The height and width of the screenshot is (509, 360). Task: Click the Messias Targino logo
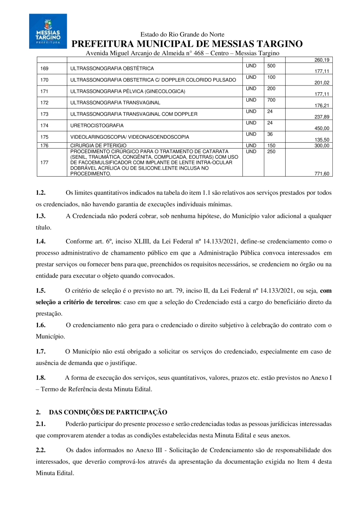click(48, 31)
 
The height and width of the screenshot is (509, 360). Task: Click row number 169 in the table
click(45, 68)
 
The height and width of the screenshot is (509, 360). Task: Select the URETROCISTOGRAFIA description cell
click(97, 126)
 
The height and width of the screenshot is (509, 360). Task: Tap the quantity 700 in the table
click(272, 100)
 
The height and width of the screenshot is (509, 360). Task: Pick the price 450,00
click(322, 128)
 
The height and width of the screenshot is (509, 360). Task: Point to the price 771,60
click(322, 174)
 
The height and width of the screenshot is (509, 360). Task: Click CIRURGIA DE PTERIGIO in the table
click(98, 146)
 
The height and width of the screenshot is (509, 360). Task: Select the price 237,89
click(322, 117)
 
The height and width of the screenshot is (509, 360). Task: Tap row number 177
click(45, 163)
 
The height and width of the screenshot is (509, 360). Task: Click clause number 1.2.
click(41, 193)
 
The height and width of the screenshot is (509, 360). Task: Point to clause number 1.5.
click(41, 291)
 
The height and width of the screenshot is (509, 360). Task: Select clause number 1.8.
click(41, 377)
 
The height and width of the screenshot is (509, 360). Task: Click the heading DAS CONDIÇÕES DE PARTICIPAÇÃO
click(108, 412)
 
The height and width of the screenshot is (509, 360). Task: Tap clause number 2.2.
click(41, 450)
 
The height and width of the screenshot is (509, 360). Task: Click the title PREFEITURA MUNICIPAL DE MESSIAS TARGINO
click(187, 44)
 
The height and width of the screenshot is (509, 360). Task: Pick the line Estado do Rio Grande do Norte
click(182, 35)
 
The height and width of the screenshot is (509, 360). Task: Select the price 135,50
click(322, 140)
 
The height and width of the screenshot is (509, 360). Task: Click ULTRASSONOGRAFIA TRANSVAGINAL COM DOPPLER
click(134, 114)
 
